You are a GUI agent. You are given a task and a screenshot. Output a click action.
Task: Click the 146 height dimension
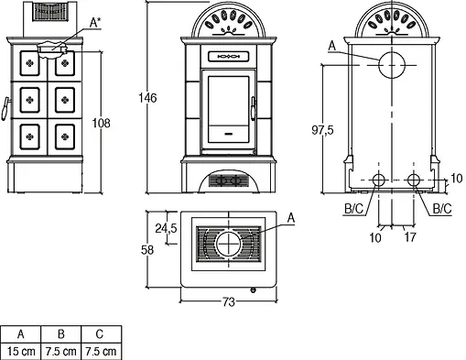pos(147,98)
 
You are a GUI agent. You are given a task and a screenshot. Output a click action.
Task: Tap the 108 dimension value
pos(102,124)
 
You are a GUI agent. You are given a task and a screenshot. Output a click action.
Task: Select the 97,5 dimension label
pos(322,130)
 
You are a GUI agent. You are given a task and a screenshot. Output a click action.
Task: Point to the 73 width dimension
pos(229,302)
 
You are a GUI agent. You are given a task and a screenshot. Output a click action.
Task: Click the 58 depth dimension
pos(147,250)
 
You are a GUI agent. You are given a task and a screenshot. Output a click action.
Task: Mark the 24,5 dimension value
pos(166,228)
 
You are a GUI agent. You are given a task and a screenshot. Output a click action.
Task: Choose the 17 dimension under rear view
pos(410,237)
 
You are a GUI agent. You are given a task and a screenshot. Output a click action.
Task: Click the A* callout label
pos(95,22)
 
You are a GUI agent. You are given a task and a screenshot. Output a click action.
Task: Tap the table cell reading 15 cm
pos(21,351)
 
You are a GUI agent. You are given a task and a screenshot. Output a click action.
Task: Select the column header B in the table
pos(61,334)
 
